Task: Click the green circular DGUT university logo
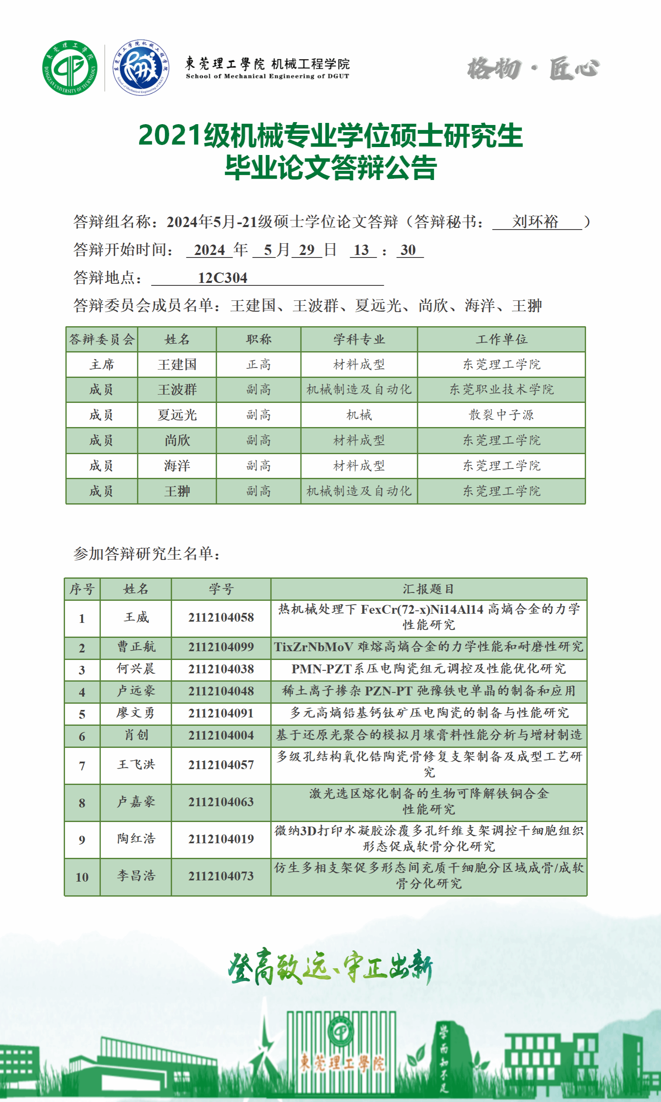tap(70, 67)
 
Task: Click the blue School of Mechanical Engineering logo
tap(141, 67)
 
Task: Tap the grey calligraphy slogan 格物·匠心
tap(533, 69)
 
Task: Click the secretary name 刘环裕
tap(535, 221)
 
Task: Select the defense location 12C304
tap(222, 278)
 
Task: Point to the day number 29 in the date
tap(306, 250)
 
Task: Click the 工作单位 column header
tap(501, 339)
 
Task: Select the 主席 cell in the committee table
tap(102, 365)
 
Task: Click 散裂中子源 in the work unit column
tap(501, 415)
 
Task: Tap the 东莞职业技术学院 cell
tap(501, 390)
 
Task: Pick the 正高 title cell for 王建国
tap(258, 365)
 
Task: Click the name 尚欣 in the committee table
tap(177, 440)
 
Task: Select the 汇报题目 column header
tap(428, 589)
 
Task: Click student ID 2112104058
tap(221, 617)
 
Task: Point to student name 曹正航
tap(136, 647)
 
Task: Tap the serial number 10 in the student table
tap(82, 877)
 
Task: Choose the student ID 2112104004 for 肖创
tap(221, 735)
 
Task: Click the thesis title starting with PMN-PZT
tap(428, 669)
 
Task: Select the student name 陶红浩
tap(136, 839)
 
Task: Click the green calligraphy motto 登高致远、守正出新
tap(330, 967)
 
